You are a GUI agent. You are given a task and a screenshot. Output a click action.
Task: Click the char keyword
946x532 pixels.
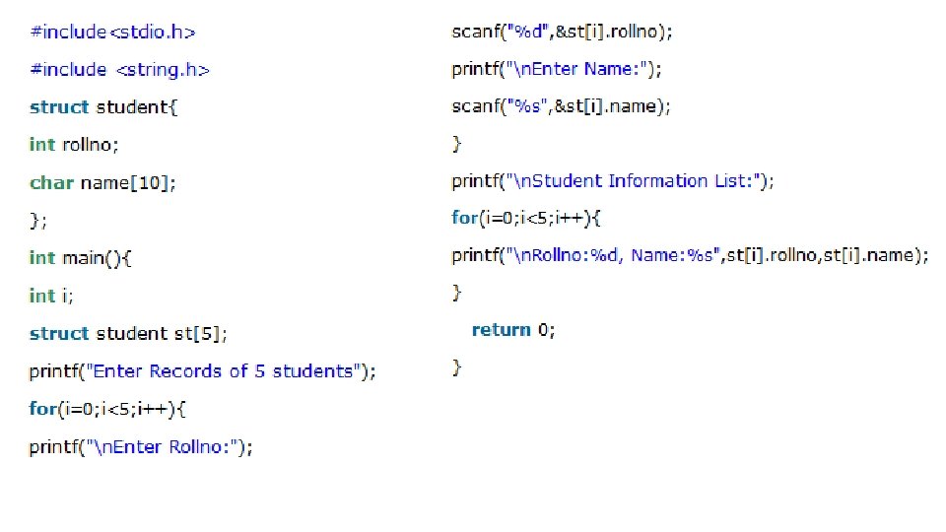(x=51, y=182)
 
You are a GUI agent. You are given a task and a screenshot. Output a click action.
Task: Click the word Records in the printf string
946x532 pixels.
(x=187, y=371)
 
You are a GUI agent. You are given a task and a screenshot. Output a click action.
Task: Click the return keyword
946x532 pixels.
(x=501, y=330)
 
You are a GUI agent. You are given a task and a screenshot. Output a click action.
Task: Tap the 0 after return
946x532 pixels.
(x=543, y=330)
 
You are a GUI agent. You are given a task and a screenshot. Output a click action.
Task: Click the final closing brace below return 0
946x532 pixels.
(x=456, y=367)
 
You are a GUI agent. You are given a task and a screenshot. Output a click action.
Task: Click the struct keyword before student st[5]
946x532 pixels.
(x=59, y=334)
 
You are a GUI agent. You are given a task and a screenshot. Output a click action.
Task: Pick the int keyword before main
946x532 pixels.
(x=42, y=258)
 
